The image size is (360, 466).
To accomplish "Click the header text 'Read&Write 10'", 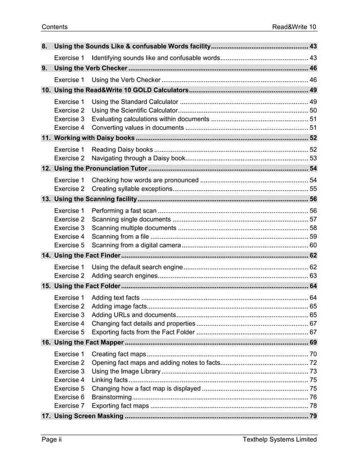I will point(295,27).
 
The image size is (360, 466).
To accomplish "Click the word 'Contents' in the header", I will point(55,27).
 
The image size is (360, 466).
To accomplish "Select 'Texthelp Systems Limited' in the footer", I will point(279,439).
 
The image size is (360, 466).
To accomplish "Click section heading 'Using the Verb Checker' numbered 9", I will point(91,68).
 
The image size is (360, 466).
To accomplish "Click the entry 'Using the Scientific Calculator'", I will point(134,110).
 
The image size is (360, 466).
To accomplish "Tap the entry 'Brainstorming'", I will point(111,397).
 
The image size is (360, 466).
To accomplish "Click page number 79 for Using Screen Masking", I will point(313,416).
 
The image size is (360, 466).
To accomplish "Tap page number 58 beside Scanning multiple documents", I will point(313,228).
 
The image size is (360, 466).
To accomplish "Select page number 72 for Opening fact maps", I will point(313,363).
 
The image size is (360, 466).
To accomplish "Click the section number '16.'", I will point(46,342).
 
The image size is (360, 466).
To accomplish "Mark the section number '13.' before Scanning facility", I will point(46,199).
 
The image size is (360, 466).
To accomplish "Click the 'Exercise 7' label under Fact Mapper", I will point(69,406).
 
